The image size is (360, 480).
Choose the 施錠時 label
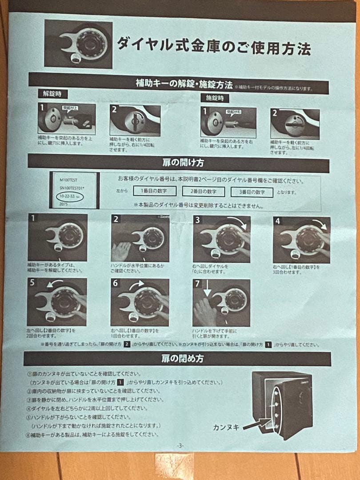tap(215, 98)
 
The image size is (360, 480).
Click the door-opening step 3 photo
tap(221, 239)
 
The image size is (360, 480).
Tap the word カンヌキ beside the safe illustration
tap(226, 428)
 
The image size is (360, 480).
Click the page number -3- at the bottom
tap(180, 445)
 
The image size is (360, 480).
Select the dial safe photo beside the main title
tap(78, 44)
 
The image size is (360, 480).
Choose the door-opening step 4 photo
tap(301, 239)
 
